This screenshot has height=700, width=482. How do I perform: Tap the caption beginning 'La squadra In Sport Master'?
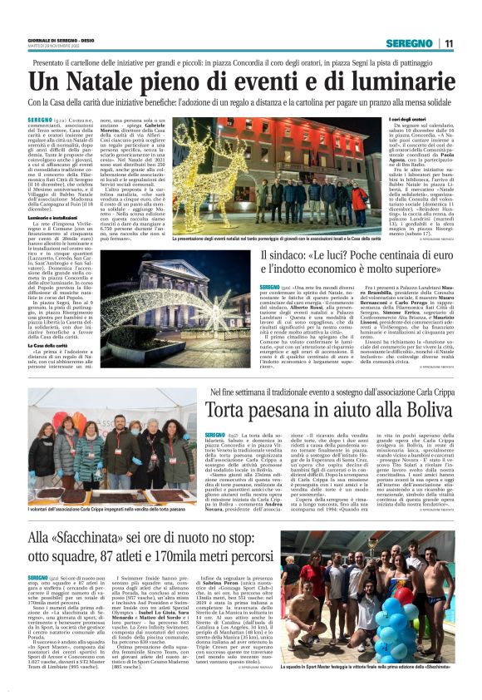(374, 689)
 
